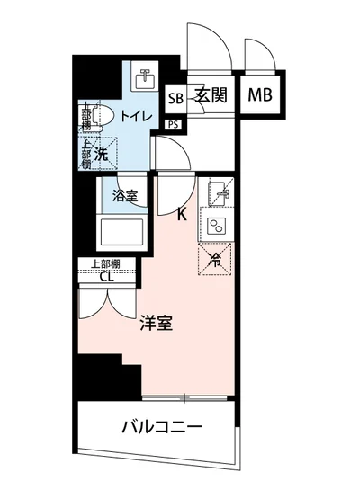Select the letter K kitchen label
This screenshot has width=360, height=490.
click(182, 214)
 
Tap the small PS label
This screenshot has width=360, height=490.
click(174, 124)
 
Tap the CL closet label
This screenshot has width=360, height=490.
click(107, 276)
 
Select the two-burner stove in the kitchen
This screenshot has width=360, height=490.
click(216, 225)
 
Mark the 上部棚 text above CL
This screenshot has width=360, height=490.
click(107, 263)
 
